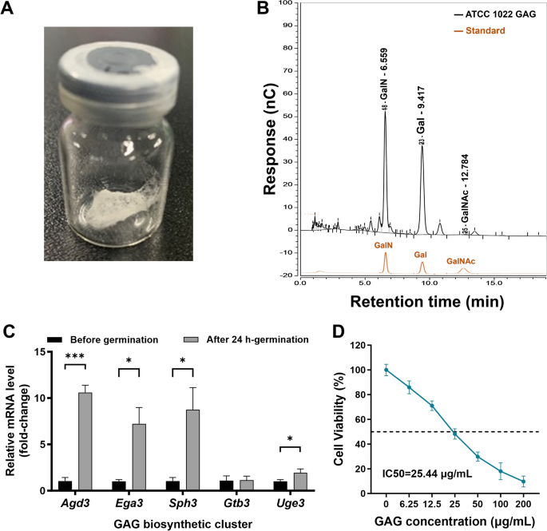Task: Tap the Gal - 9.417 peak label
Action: (x=422, y=116)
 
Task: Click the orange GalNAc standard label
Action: (x=462, y=261)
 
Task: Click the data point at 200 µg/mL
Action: (x=522, y=481)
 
